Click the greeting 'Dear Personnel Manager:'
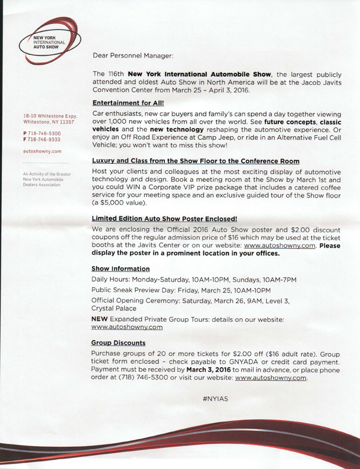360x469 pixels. tap(133, 56)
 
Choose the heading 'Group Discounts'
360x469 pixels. tap(118, 343)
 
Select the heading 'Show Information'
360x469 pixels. tap(121, 268)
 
